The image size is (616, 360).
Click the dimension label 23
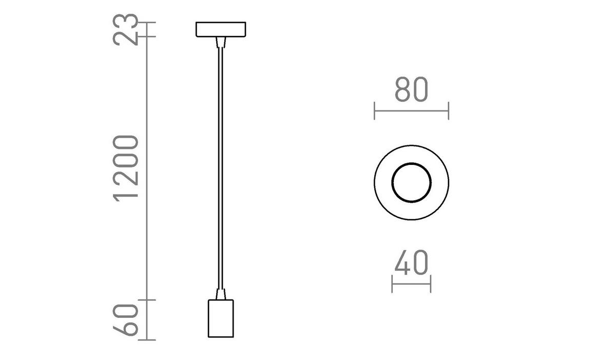(127, 30)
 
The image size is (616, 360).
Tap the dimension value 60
(127, 319)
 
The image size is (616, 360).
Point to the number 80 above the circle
(411, 90)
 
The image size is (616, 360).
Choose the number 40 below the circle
(411, 263)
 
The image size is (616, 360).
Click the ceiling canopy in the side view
(221, 29)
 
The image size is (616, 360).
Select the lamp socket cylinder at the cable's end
(221, 319)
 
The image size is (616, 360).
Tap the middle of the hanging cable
(221, 169)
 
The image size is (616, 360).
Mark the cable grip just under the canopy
(221, 42)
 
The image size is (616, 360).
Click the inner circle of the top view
(411, 182)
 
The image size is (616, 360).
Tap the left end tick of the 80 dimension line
(375, 110)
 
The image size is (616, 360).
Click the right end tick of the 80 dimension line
(448, 110)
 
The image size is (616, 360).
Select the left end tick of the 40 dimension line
(392, 283)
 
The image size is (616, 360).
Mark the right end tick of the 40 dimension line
(430, 283)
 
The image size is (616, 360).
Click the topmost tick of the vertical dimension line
(147, 23)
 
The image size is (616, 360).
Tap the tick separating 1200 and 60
(147, 299)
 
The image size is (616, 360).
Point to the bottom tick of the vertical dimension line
(147, 339)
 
